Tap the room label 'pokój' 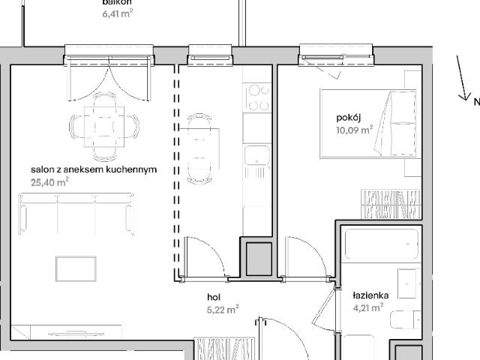tap(349, 118)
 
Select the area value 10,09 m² tap(355, 130)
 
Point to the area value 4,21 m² tap(368, 307)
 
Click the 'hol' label tap(214, 296)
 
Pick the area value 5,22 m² tap(223, 308)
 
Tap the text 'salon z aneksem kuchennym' tap(94, 169)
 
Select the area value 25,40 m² tap(50, 181)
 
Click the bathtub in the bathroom tap(382, 246)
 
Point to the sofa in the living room tap(79, 211)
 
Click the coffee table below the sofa tap(76, 268)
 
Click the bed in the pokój tap(367, 124)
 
